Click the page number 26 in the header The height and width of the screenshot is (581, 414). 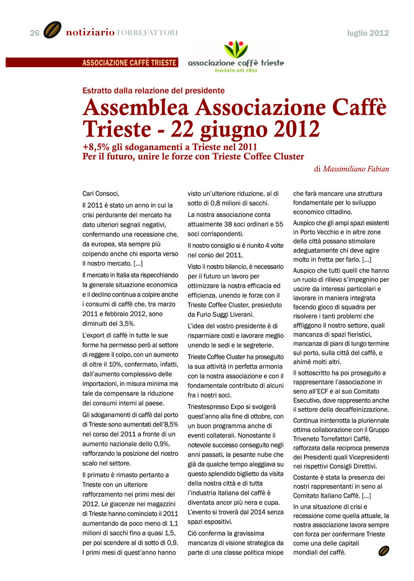click(34, 33)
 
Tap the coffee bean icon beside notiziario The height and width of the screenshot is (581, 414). click(52, 31)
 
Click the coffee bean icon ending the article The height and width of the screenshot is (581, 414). click(383, 550)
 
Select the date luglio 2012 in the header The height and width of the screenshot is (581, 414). click(368, 33)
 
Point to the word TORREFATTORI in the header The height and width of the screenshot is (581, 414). click(147, 33)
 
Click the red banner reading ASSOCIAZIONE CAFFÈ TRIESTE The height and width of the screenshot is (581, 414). click(129, 62)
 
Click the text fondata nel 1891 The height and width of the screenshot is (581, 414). click(236, 70)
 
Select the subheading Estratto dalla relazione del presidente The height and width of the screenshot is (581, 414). click(153, 90)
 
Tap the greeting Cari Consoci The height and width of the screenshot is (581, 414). click(101, 193)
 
